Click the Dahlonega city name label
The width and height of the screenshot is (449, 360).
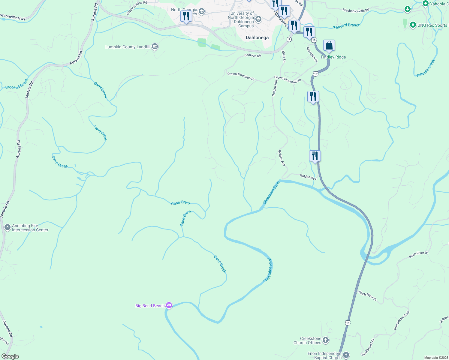[x=257, y=38]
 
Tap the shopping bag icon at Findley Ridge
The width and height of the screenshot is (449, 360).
[x=329, y=46]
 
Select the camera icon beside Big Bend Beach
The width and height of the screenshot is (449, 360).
[x=169, y=305]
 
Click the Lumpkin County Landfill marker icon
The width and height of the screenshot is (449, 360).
[x=155, y=46]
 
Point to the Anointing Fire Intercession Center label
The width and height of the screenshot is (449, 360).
[x=30, y=228]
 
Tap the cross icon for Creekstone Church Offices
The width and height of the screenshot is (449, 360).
[x=326, y=340]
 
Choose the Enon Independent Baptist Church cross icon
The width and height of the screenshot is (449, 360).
[x=346, y=355]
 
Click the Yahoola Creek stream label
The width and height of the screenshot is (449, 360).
[x=425, y=68]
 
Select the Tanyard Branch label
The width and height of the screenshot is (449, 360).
[x=347, y=26]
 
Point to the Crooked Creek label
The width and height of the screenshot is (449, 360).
[x=17, y=84]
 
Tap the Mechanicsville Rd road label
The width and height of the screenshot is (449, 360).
[x=356, y=10]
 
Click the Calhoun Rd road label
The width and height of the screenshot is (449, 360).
[x=252, y=55]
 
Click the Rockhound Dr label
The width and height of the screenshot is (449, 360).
[x=368, y=347]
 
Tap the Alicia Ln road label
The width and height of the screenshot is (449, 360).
[x=284, y=56]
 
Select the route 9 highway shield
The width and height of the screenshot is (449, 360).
[x=289, y=39]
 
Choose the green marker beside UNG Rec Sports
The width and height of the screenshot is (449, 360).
[x=413, y=25]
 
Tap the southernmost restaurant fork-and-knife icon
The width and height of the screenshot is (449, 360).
[x=315, y=156]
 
